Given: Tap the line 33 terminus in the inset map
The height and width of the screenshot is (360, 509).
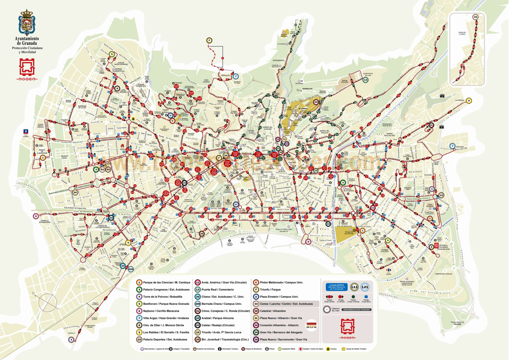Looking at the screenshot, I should click(476, 17).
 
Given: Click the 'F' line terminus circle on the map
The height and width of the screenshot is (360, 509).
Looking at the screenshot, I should click(209, 40).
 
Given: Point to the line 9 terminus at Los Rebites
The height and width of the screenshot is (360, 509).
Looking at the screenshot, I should click(468, 101).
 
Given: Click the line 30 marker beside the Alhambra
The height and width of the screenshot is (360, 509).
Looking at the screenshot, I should click(316, 102).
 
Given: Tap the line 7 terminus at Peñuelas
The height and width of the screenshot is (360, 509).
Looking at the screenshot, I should click(236, 76).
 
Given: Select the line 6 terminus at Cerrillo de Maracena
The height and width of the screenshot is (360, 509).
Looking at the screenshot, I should click(36, 216).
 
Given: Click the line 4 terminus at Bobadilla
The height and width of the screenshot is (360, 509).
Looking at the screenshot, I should click(72, 340).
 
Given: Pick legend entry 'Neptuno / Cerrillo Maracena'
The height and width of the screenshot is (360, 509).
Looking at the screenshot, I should click(162, 311).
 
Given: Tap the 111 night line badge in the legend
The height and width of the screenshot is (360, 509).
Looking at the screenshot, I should click(354, 287).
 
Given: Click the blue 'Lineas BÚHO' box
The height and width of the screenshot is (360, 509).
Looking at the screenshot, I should click(336, 287).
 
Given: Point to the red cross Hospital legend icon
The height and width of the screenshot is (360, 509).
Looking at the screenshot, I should click(300, 348).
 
